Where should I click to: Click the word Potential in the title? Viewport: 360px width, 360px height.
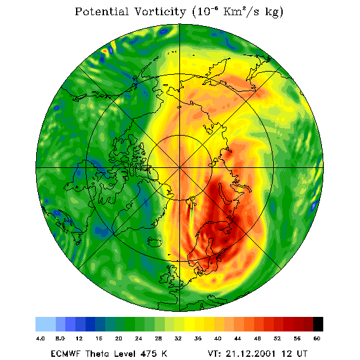[101, 11]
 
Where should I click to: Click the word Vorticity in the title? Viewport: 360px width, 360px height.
[160, 11]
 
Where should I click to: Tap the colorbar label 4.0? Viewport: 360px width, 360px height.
[40, 338]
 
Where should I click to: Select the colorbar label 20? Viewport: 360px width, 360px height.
[119, 338]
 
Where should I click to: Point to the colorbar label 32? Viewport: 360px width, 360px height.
[178, 338]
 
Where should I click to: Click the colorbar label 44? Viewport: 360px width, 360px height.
[238, 338]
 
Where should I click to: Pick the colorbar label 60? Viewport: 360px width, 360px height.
[317, 338]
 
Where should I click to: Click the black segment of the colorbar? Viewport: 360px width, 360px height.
[318, 324]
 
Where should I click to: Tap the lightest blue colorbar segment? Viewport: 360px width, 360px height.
[46, 324]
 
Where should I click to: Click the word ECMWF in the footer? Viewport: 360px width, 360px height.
[66, 354]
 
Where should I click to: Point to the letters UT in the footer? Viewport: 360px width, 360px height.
[301, 354]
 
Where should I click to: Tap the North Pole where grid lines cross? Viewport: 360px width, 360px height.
[179, 168]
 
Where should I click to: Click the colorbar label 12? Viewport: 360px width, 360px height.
[79, 338]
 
